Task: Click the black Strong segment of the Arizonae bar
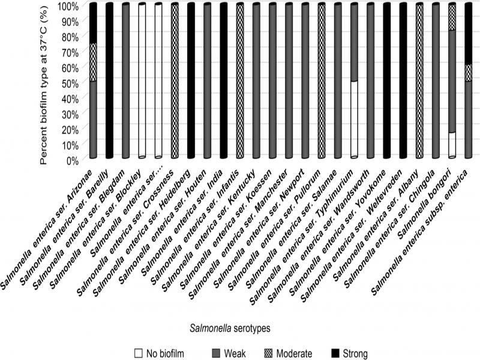point(93,23)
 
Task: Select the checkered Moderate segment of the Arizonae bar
point(93,62)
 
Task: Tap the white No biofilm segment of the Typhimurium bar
point(354,119)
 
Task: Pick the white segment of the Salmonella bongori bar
point(452,145)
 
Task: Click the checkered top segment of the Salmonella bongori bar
point(452,17)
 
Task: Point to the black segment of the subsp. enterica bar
point(469,34)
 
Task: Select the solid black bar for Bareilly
point(109,81)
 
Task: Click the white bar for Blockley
point(142,81)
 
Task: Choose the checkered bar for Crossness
point(175,81)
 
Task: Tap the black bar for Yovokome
point(387,81)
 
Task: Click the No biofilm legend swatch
point(139,353)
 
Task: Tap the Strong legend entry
point(350,353)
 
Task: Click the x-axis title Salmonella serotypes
point(230,328)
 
